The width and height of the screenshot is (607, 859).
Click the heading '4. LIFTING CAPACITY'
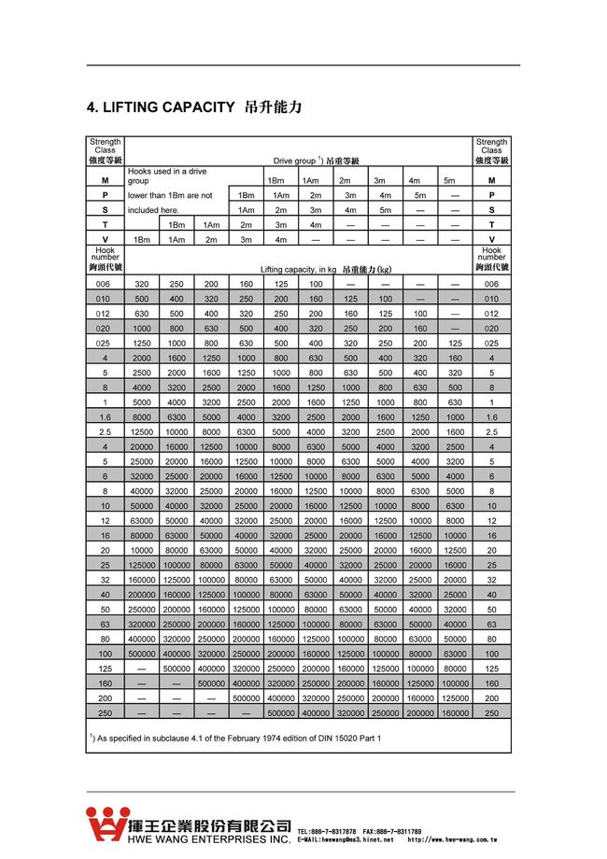(160, 107)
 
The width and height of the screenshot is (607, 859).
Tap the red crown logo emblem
(105, 823)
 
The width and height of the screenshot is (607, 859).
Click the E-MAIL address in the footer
(346, 840)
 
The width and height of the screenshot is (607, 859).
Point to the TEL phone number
(326, 831)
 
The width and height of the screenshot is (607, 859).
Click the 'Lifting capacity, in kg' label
(298, 269)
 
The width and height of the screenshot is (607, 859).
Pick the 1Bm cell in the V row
(142, 240)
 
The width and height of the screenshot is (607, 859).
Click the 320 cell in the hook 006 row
(142, 284)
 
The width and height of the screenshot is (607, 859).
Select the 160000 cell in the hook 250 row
(456, 712)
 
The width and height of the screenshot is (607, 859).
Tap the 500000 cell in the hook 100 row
(142, 655)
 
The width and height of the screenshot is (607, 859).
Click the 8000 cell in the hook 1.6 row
(142, 417)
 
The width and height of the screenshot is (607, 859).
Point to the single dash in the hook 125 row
(142, 669)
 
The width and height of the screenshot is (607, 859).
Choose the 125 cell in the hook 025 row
(456, 343)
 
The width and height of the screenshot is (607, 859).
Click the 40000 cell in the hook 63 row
(456, 625)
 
